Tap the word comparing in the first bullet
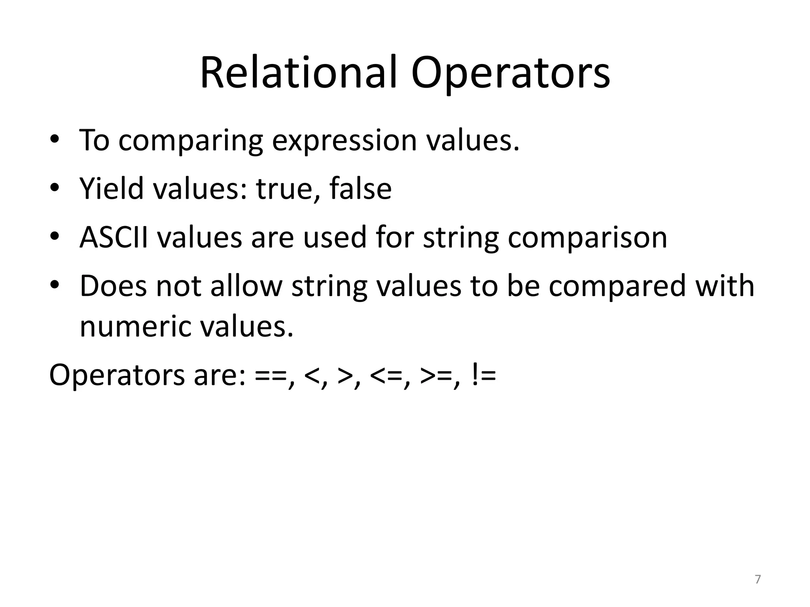pos(191,141)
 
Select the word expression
pos(344,141)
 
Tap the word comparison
pos(587,239)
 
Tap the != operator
pos(484,375)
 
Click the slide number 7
pos(757,579)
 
